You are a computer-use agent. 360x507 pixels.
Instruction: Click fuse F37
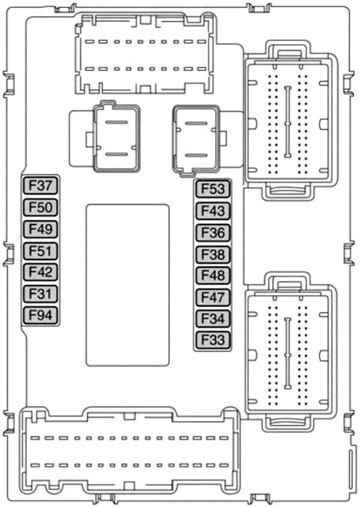[x=40, y=185]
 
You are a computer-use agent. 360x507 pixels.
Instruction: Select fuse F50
[x=40, y=207]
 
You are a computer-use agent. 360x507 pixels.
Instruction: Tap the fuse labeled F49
[x=40, y=229]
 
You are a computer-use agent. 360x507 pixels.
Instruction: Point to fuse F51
[x=40, y=251]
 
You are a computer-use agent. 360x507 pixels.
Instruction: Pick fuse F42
[x=40, y=272]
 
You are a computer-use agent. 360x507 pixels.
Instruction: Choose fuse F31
[x=40, y=293]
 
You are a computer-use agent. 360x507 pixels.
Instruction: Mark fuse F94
[x=40, y=315]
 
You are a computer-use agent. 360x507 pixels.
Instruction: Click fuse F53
[x=213, y=189]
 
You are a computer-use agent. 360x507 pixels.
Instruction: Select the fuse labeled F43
[x=213, y=211]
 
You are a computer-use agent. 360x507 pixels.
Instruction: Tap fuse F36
[x=213, y=232]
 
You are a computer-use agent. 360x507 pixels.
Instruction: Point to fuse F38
[x=213, y=254]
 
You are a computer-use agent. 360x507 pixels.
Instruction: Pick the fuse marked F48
[x=213, y=275]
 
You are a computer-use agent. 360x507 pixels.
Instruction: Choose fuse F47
[x=213, y=297]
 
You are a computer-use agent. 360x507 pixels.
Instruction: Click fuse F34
[x=213, y=319]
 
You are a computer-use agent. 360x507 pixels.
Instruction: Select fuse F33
[x=213, y=340]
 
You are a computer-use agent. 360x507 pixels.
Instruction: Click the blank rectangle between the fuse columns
[x=127, y=285]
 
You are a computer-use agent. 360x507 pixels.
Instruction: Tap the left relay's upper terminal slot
[x=117, y=122]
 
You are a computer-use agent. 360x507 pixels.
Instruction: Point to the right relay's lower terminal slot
[x=196, y=155]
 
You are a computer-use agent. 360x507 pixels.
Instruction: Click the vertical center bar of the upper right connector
[x=287, y=122]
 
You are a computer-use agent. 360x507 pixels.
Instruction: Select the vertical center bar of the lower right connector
[x=287, y=353]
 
